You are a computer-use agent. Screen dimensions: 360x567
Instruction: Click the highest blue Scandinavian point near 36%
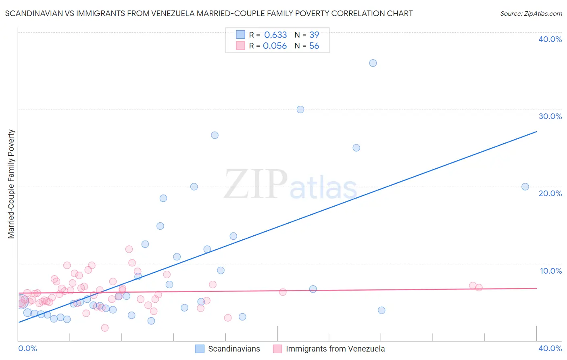pyautogui.click(x=373, y=63)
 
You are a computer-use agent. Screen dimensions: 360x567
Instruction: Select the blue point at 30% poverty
pyautogui.click(x=300, y=109)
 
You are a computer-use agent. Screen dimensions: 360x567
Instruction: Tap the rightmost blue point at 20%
pyautogui.click(x=525, y=186)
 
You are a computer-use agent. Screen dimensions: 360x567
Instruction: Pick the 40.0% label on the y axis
pyautogui.click(x=550, y=39)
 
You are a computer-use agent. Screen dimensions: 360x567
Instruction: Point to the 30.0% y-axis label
pyautogui.click(x=550, y=116)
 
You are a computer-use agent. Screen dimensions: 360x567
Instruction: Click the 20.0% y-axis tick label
pyautogui.click(x=550, y=193)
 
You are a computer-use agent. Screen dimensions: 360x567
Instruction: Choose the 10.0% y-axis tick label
pyautogui.click(x=551, y=271)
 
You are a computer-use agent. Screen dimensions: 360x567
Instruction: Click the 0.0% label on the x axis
pyautogui.click(x=27, y=348)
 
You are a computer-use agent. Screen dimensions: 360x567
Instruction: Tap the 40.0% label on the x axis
pyautogui.click(x=550, y=348)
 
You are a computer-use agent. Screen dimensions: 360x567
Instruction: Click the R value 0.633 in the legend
pyautogui.click(x=275, y=35)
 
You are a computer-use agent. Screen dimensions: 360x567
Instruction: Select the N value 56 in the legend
pyautogui.click(x=314, y=46)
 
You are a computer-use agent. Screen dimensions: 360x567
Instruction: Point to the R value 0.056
pyautogui.click(x=275, y=46)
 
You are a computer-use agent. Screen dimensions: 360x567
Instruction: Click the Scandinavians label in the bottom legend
pyautogui.click(x=234, y=349)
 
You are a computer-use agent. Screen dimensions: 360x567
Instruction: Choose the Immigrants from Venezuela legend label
pyautogui.click(x=335, y=349)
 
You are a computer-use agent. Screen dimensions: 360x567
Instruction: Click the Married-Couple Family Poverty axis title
pyautogui.click(x=11, y=184)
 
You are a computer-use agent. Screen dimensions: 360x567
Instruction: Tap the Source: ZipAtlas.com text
pyautogui.click(x=531, y=14)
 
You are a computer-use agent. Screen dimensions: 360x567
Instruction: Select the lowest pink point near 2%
pyautogui.click(x=105, y=328)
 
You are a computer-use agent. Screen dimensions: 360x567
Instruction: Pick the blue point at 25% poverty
pyautogui.click(x=356, y=148)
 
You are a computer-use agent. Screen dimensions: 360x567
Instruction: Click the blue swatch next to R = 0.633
pyautogui.click(x=241, y=35)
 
